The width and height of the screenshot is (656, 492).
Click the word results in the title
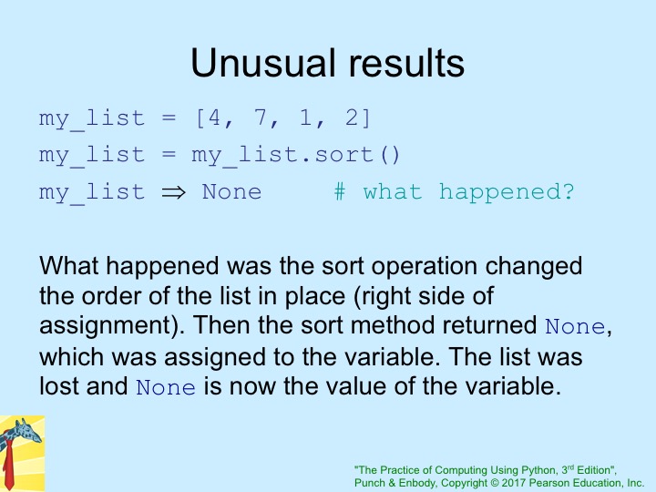(x=406, y=63)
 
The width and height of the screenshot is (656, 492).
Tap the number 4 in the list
(x=214, y=118)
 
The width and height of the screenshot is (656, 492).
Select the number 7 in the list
(x=261, y=118)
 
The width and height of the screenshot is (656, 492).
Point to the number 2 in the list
(x=352, y=118)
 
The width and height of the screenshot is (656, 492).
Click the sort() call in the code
(x=357, y=155)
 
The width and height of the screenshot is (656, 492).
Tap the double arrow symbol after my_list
(x=173, y=192)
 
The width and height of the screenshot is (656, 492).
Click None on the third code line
(x=231, y=192)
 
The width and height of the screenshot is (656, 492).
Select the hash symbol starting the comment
(x=340, y=192)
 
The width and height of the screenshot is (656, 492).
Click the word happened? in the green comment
(x=507, y=192)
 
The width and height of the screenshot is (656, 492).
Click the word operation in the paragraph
(x=425, y=267)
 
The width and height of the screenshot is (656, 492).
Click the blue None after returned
(x=575, y=327)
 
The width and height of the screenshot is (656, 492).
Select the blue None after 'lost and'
(x=166, y=387)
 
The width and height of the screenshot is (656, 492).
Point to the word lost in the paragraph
(x=57, y=385)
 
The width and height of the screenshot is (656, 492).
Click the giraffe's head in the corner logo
(x=26, y=431)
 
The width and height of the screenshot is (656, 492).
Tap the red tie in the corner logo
(x=8, y=465)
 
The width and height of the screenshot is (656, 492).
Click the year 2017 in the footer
(x=513, y=483)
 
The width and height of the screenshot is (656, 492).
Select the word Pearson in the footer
(x=544, y=483)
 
